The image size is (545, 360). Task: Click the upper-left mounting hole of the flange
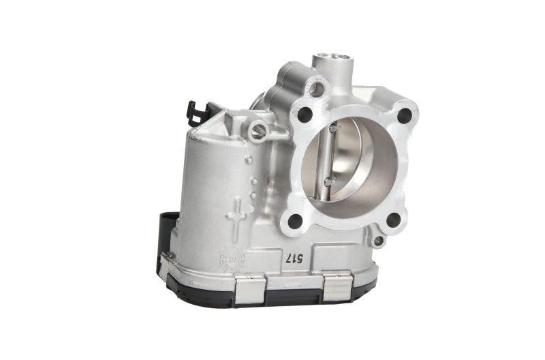pyautogui.click(x=305, y=113)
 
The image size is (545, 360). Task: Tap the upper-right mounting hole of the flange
pyautogui.click(x=404, y=115)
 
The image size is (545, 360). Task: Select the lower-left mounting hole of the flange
pyautogui.click(x=295, y=221)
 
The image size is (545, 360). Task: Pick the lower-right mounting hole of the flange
pyautogui.click(x=394, y=220)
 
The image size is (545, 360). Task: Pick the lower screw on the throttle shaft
pyautogui.click(x=329, y=181)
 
